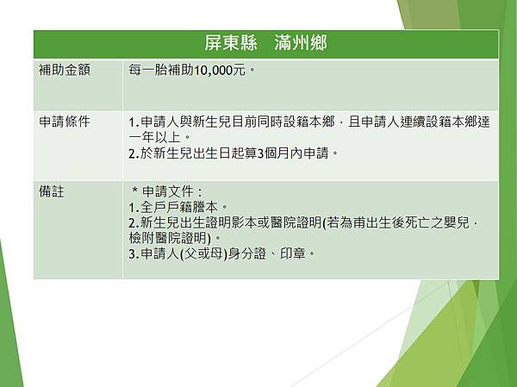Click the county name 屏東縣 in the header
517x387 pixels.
pyautogui.click(x=226, y=44)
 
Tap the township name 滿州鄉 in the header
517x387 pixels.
pyautogui.click(x=301, y=44)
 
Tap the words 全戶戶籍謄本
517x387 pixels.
pyautogui.click(x=178, y=208)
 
